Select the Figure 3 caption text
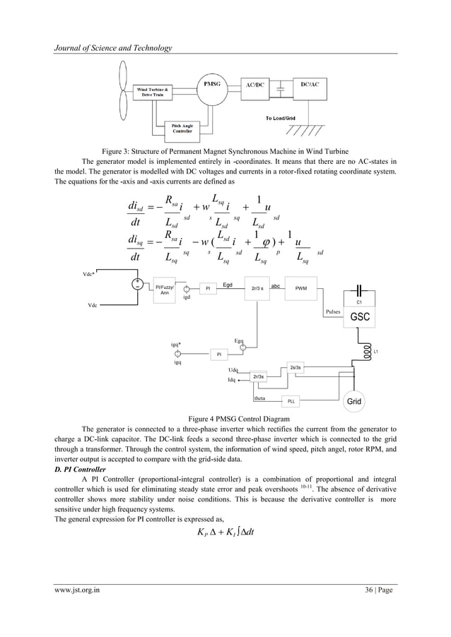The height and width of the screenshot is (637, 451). point(225,151)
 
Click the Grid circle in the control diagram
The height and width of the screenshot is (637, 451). point(354,401)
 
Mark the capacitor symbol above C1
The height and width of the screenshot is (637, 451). point(363,290)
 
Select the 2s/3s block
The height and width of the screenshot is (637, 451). point(296,367)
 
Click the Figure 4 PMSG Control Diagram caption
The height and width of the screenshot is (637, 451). point(225,418)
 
